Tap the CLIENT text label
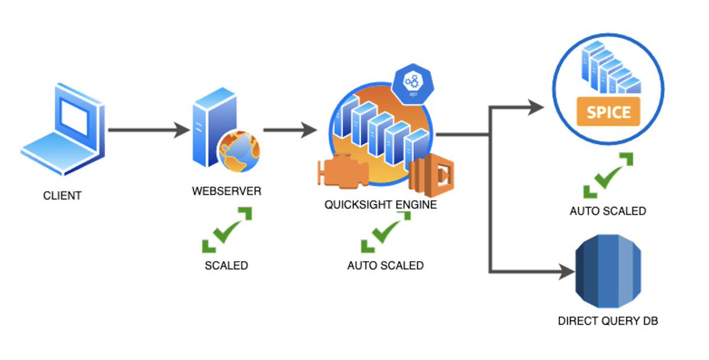62,195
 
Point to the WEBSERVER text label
226,192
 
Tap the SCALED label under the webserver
226,265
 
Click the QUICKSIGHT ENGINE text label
380,205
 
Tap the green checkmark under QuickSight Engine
385,232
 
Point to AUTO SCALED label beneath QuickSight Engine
385,265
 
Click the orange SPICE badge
609,112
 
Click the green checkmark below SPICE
608,176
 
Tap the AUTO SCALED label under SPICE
608,210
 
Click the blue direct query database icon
608,271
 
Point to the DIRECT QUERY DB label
608,322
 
